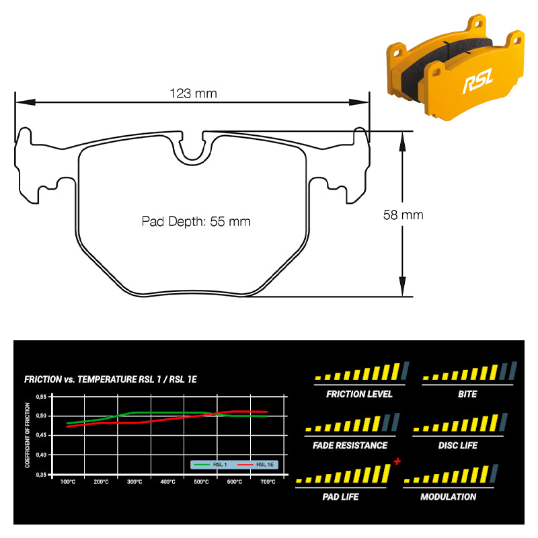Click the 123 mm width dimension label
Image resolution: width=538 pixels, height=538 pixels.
coord(193,93)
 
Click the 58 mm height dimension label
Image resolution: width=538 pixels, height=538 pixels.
coord(403,215)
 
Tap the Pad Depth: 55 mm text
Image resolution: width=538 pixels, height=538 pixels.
coord(196,222)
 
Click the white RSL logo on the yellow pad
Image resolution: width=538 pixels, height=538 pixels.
coord(477,81)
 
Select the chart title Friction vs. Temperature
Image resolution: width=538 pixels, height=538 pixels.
coord(110,379)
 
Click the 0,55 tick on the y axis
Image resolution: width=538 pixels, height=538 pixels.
coord(41,397)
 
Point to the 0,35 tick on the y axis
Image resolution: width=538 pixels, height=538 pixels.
coord(41,475)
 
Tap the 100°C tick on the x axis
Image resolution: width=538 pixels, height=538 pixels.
coord(68,482)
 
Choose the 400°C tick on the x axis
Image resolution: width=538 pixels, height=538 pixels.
coord(167,482)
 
